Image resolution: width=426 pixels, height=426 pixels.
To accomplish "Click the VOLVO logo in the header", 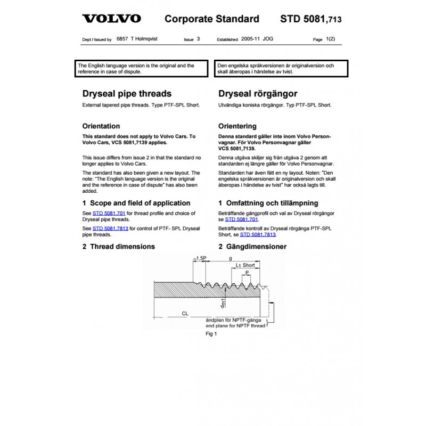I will click(111, 19).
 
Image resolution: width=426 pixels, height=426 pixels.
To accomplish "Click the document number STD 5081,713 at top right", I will click(310, 20).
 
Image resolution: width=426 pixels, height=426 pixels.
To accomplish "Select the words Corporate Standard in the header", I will click(212, 19).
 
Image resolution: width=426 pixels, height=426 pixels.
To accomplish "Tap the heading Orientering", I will click(237, 127).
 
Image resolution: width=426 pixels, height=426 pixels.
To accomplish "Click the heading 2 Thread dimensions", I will click(118, 247).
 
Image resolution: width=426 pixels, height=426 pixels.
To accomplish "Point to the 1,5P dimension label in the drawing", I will click(201, 258).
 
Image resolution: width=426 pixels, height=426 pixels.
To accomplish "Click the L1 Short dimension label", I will click(245, 265).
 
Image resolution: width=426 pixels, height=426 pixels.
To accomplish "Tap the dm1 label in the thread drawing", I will click(224, 303).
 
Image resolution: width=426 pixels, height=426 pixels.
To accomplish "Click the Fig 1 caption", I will click(212, 334).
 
